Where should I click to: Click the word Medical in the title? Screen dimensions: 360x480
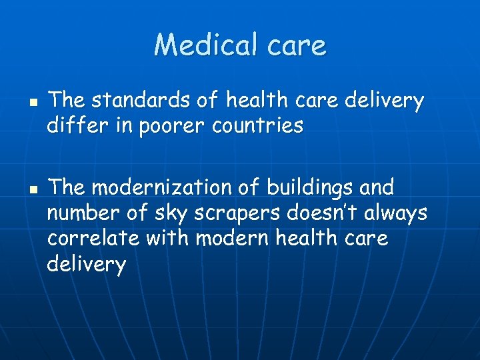(201, 45)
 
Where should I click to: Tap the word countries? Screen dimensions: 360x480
(257, 125)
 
